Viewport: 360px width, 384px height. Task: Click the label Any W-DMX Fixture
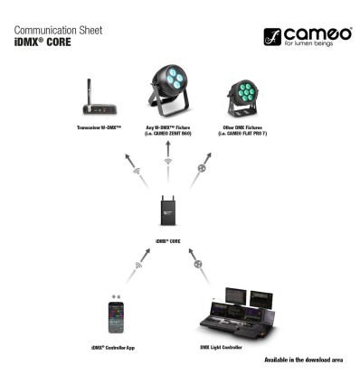point(167,130)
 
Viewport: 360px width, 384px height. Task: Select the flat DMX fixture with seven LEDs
point(238,100)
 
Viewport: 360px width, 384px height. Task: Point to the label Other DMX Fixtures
point(238,130)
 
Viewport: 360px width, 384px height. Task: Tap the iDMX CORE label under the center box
point(167,241)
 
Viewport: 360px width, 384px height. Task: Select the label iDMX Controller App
point(115,346)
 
